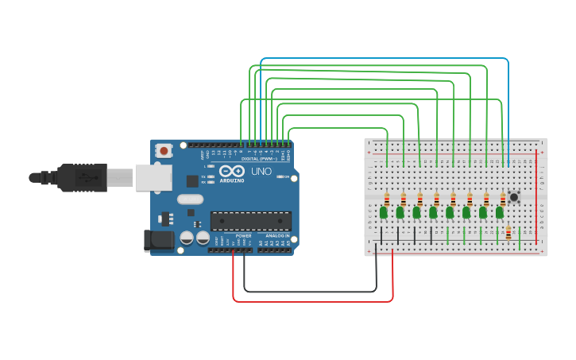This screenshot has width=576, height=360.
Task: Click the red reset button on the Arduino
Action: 164,150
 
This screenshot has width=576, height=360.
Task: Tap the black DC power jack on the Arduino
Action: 157,240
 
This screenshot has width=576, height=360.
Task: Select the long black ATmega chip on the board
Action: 250,221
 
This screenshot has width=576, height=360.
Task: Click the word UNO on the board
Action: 261,172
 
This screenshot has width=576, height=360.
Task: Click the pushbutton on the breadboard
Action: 514,196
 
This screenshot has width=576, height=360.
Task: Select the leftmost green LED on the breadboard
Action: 384,212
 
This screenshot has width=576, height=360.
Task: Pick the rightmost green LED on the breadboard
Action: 500,212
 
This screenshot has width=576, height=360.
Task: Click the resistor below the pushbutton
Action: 508,233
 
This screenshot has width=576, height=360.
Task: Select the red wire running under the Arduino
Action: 310,301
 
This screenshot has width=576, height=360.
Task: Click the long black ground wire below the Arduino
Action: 310,292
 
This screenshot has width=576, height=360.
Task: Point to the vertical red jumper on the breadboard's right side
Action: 536,199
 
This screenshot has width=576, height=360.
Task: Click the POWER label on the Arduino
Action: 244,236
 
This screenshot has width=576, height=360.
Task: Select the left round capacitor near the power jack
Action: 187,237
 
